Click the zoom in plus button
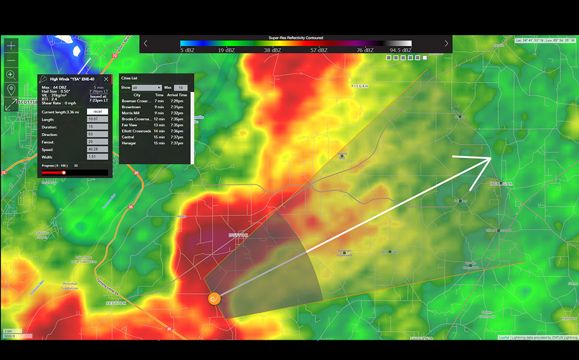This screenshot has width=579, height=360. (10, 45)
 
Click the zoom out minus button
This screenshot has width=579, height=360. (10, 60)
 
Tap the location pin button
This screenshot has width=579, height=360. (10, 89)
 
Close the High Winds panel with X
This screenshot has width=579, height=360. (106, 79)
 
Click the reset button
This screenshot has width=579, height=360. (97, 112)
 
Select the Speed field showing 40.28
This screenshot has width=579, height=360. (97, 149)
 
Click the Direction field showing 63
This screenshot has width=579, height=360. (97, 134)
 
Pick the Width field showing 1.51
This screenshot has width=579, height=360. (97, 156)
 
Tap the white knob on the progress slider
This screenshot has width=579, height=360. (64, 172)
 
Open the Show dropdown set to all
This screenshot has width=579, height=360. (148, 88)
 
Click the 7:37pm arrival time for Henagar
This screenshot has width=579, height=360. (177, 143)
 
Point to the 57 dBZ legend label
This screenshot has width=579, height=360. (318, 50)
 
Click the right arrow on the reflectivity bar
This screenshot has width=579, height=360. (446, 44)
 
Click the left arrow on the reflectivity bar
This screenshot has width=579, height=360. (145, 44)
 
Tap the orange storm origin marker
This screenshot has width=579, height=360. (214, 298)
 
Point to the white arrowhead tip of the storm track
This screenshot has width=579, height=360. (490, 159)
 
